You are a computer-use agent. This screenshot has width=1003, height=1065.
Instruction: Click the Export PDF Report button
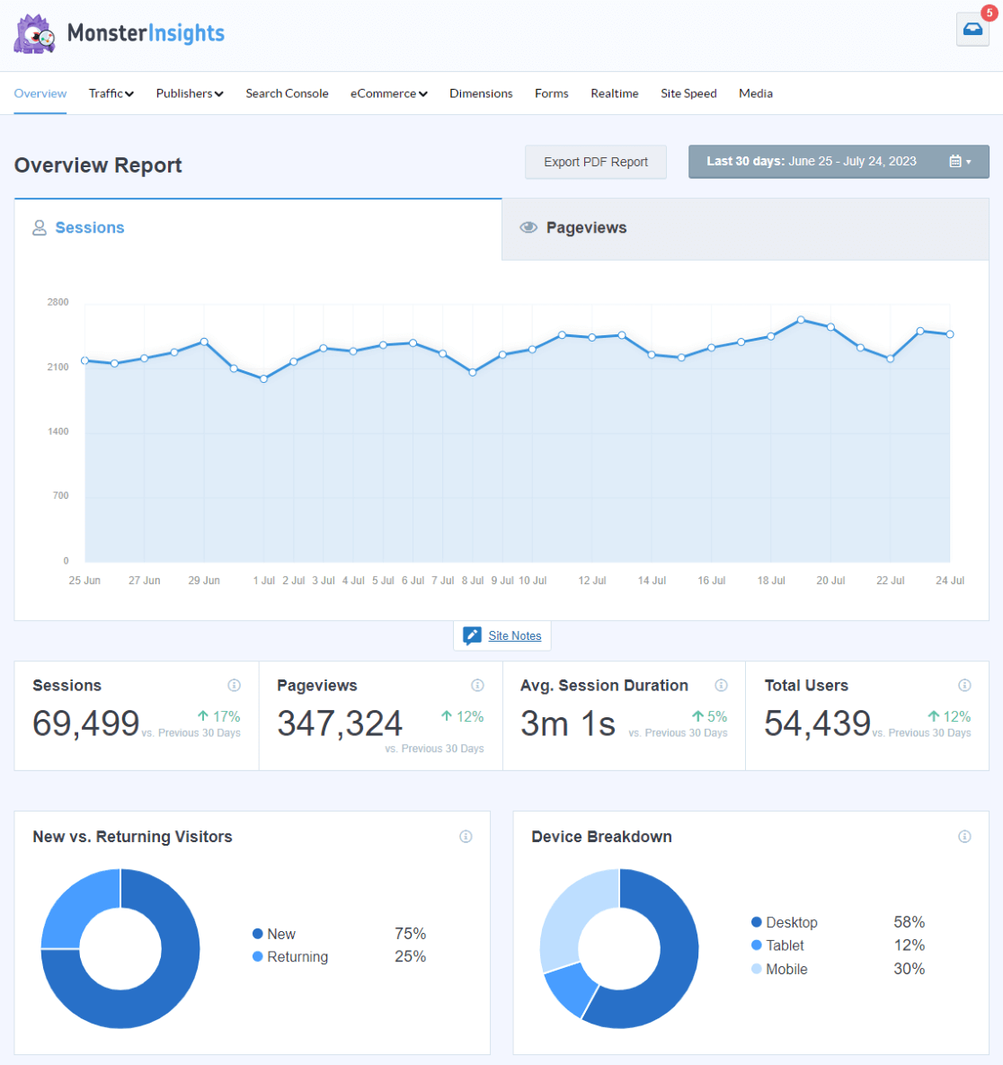point(595,162)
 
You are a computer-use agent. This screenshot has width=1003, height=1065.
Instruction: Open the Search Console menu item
point(287,93)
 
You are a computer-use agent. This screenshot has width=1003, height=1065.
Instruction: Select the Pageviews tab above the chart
point(585,228)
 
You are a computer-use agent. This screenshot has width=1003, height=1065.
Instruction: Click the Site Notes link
point(514,635)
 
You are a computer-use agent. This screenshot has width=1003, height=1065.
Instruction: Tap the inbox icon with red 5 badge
point(972,30)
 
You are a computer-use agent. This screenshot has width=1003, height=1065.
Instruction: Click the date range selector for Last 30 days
point(838,162)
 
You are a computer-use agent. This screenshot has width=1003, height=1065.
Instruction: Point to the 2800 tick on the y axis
point(58,302)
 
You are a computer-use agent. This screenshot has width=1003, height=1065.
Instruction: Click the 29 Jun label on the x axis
point(204,581)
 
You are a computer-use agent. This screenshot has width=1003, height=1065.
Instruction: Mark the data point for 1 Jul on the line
point(263,379)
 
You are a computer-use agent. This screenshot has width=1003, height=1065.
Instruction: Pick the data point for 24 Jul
point(950,334)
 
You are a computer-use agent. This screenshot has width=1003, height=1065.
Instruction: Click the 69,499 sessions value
point(86,723)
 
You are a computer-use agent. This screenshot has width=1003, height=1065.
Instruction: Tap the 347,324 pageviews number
point(340,723)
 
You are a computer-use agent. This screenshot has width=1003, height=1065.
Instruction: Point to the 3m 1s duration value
point(568,723)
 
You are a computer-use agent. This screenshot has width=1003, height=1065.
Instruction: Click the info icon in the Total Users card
point(964,685)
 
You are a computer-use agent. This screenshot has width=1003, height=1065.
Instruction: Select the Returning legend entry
point(297,957)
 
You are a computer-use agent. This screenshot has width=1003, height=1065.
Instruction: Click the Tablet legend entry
point(784,945)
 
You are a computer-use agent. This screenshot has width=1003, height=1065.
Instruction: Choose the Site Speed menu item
point(688,93)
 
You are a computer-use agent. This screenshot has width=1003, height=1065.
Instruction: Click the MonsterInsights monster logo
point(34,34)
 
